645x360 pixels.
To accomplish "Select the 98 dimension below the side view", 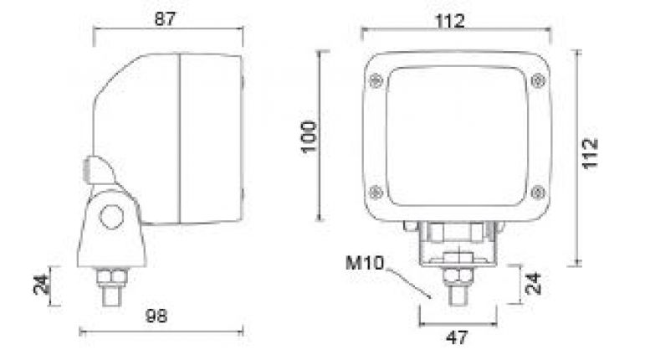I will click(156, 316).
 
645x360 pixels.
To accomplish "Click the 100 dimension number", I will click(309, 136).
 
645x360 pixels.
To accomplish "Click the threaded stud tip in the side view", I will click(111, 295).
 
